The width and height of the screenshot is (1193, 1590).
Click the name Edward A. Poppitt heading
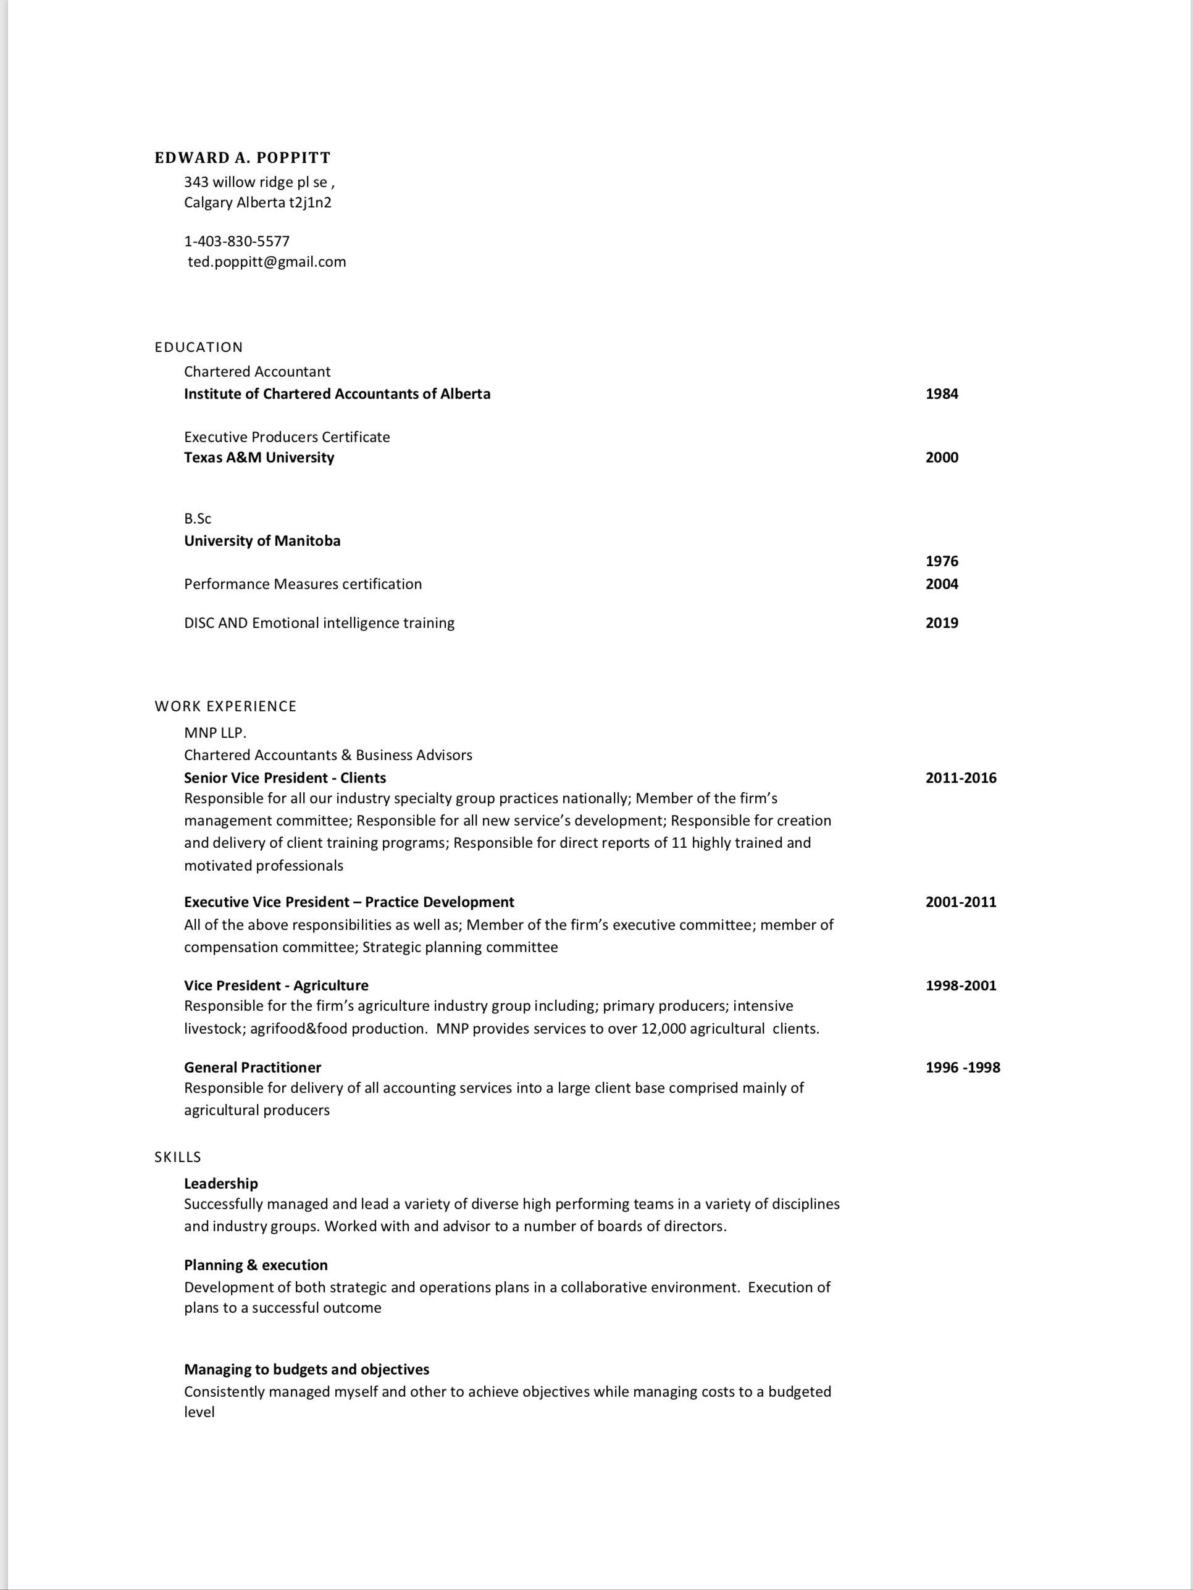click(x=242, y=158)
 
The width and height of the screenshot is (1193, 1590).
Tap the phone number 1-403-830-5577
click(x=237, y=241)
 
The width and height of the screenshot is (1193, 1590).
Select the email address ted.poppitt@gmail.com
click(x=267, y=262)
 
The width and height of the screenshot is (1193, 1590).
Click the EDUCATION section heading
click(x=198, y=347)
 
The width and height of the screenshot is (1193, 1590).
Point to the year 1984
click(x=942, y=394)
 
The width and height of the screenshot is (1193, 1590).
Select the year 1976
click(x=942, y=561)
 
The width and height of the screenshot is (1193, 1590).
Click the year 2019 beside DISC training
click(x=942, y=623)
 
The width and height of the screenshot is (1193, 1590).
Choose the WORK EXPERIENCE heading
click(x=225, y=706)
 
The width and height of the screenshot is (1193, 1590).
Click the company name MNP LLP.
click(x=215, y=733)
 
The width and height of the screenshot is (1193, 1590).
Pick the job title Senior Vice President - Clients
click(x=285, y=778)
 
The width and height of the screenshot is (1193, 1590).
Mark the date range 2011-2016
click(x=961, y=778)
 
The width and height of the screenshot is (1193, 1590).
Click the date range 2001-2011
click(x=961, y=902)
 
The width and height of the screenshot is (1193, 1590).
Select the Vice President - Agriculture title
click(x=276, y=985)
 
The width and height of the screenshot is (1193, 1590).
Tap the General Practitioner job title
click(x=253, y=1068)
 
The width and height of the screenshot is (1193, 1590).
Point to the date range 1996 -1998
click(x=962, y=1068)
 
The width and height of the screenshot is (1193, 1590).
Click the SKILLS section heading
click(x=177, y=1157)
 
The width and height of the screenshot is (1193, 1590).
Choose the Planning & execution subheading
click(x=255, y=1265)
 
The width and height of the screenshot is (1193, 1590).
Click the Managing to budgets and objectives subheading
click(x=306, y=1370)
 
